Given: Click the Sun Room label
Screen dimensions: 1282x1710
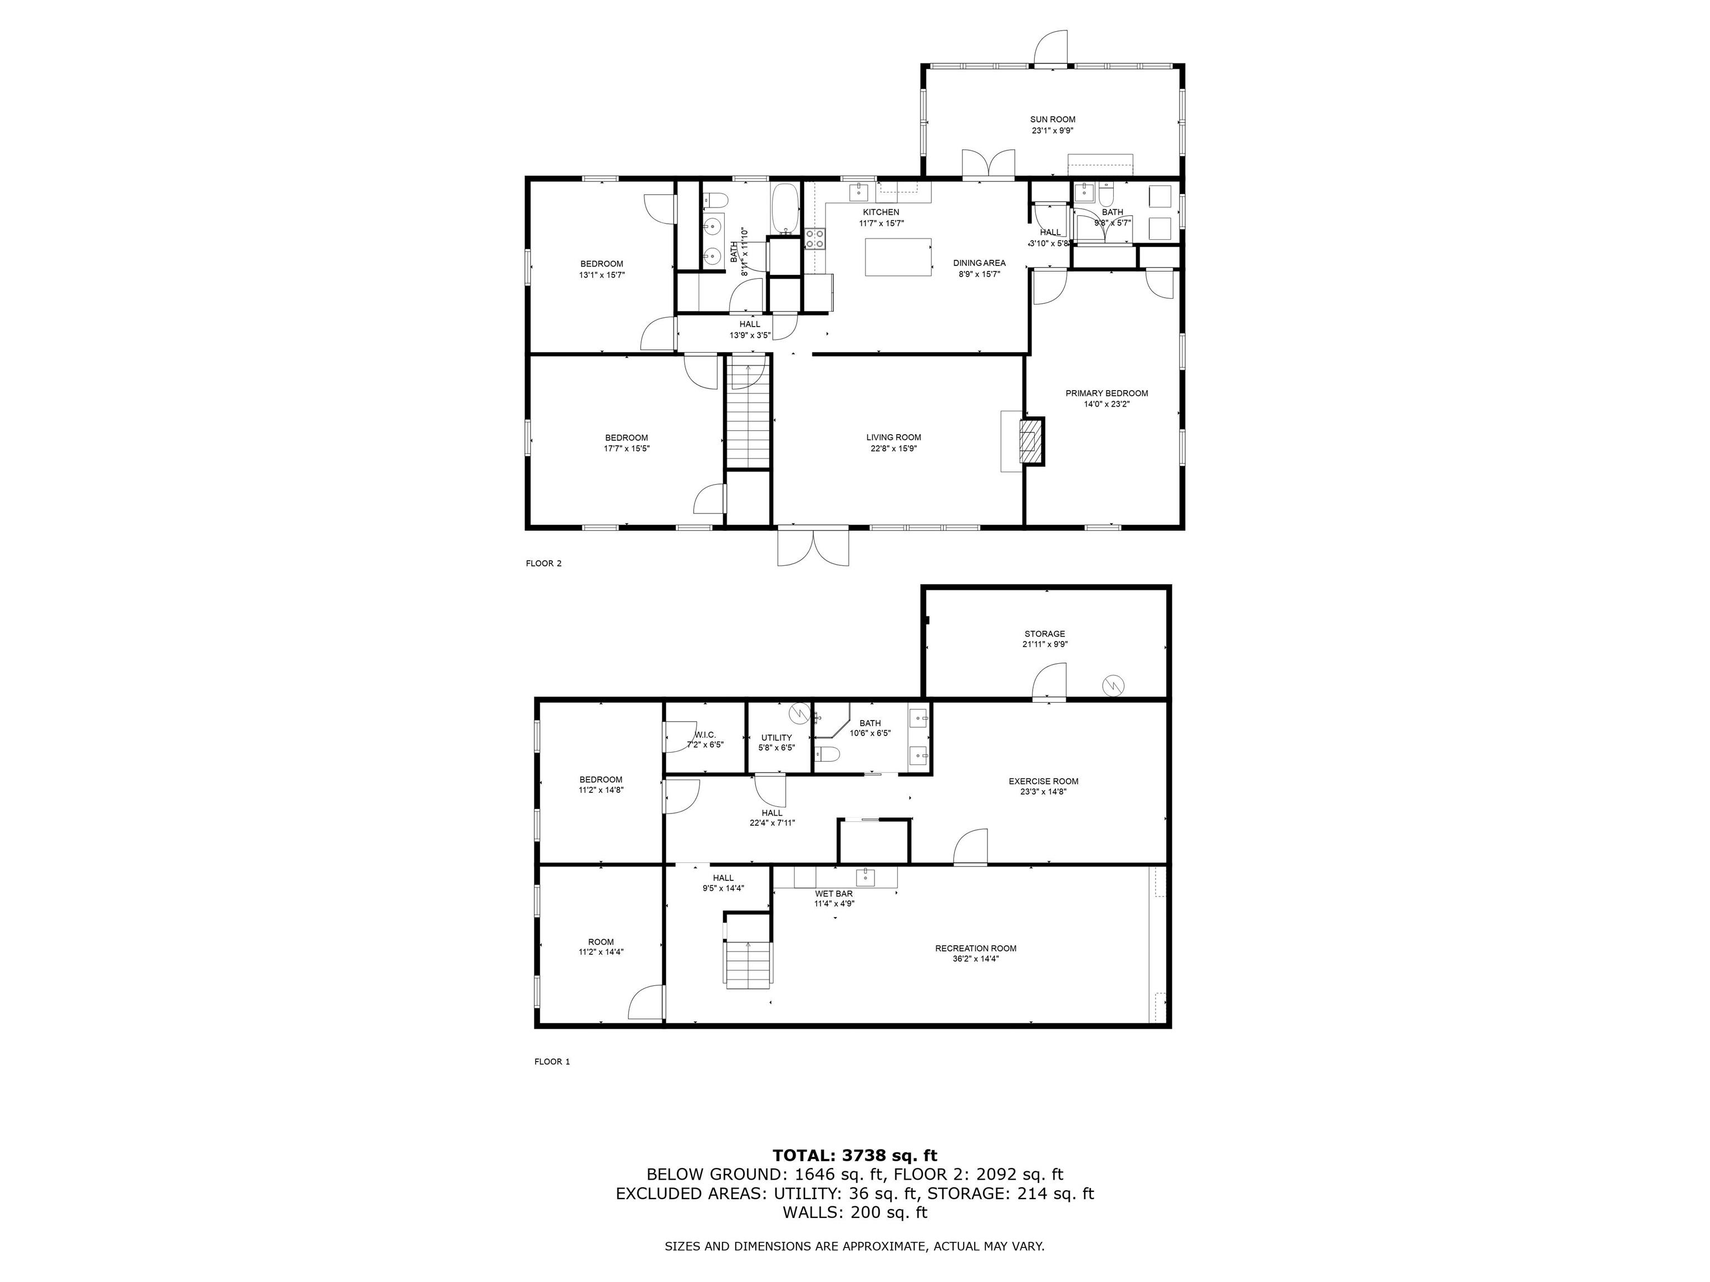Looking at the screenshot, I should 1052,120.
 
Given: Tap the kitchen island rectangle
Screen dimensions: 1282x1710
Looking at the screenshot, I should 897,257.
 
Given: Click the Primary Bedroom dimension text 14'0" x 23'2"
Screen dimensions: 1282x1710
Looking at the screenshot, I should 1106,404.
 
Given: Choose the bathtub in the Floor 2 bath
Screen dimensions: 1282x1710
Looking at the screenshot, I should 785,209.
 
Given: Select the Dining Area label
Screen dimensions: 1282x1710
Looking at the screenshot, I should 979,263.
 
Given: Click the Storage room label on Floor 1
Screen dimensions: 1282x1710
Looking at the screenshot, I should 1044,634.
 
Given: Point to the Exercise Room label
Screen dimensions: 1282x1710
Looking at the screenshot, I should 1043,781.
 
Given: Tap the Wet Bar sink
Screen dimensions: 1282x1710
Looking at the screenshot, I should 865,876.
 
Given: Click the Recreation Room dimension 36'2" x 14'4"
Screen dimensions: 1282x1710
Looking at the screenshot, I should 976,959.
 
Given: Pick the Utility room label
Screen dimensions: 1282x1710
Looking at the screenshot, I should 776,737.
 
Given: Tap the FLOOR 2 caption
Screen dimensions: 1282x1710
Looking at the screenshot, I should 543,563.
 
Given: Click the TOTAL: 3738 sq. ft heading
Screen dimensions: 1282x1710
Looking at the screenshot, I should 854,1155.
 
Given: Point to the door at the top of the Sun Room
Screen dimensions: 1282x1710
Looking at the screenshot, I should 1051,48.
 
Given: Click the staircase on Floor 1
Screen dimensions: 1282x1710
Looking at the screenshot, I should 748,965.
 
